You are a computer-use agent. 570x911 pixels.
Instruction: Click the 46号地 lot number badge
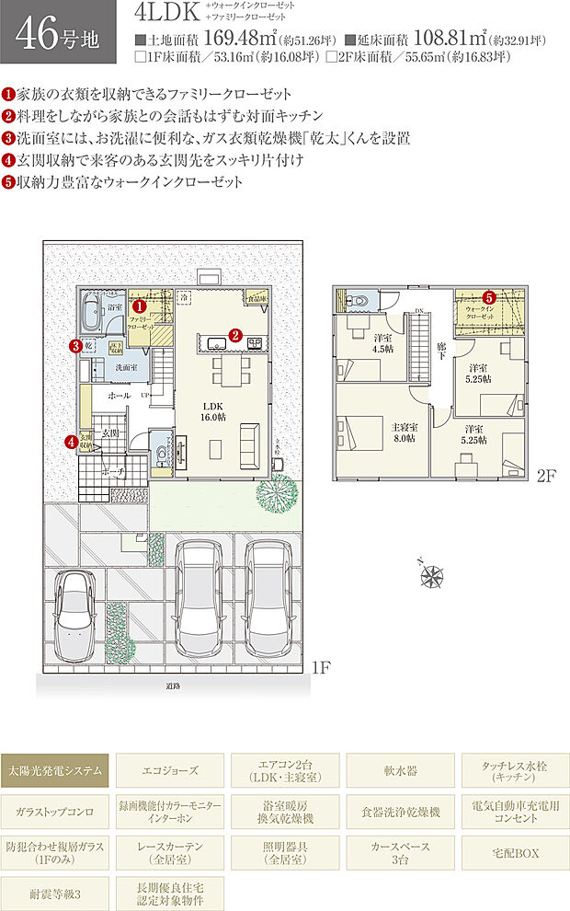[x=58, y=32]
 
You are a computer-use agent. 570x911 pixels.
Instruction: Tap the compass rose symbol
[x=431, y=575]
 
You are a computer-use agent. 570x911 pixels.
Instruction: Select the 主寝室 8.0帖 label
[x=405, y=432]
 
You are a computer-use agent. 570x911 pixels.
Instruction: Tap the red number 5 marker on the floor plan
[x=489, y=297]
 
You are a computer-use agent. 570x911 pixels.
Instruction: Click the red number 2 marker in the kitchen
[x=235, y=335]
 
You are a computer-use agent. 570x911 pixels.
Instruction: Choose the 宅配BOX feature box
[x=514, y=853]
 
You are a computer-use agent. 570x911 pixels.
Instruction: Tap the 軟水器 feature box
[x=400, y=769]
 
